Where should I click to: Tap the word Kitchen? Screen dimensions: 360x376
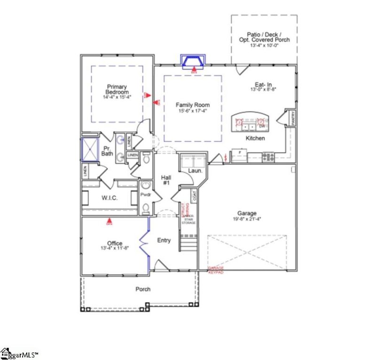point(256,139)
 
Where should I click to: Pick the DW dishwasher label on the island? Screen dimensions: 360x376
point(262,126)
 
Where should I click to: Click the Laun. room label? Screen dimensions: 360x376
point(195,171)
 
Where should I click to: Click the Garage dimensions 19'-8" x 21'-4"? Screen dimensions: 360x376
point(247,219)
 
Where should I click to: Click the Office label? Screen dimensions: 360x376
point(115,243)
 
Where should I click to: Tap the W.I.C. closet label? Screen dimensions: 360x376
point(110,198)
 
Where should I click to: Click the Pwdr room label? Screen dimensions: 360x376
point(146,193)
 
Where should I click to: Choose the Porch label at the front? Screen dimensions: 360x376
point(143,289)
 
